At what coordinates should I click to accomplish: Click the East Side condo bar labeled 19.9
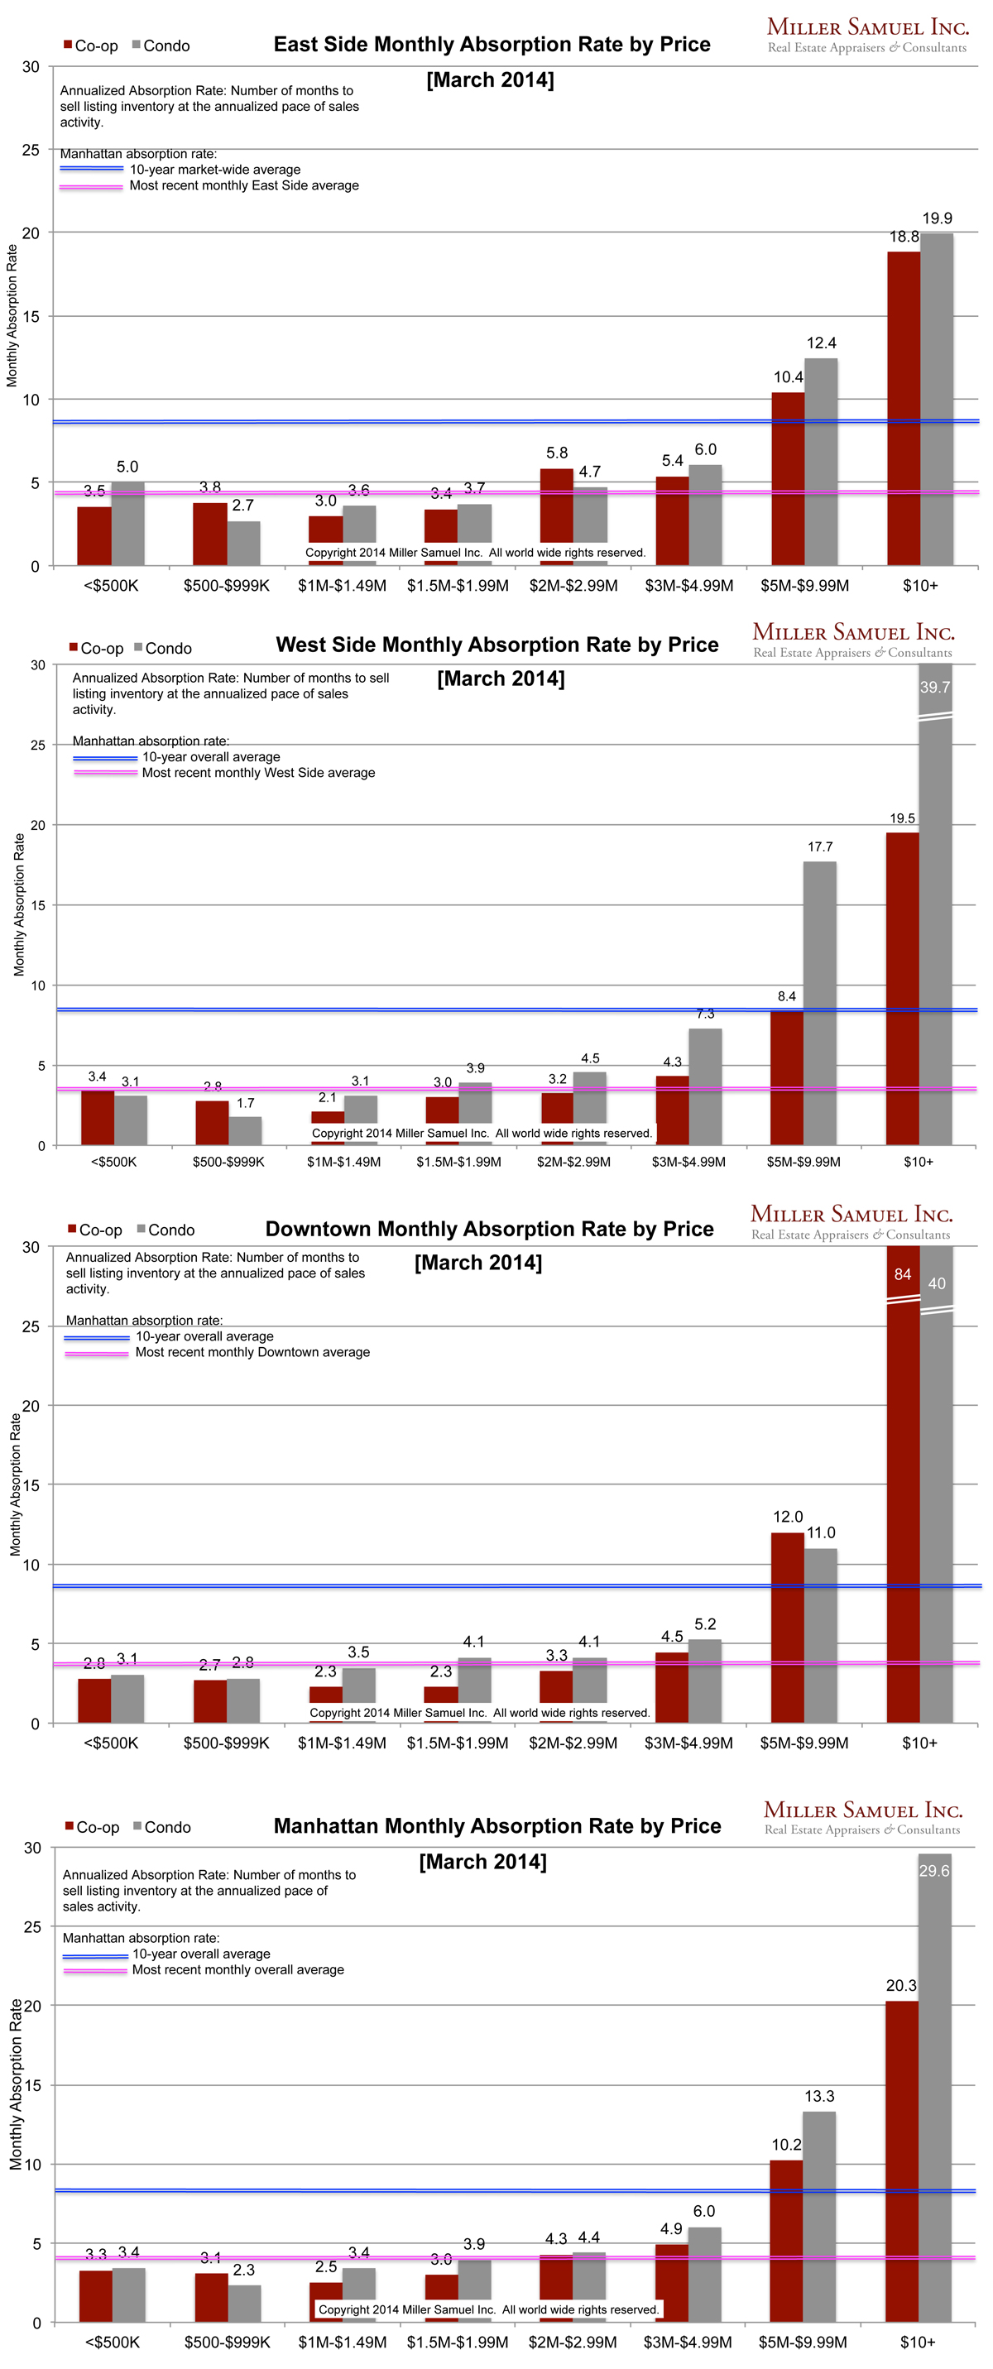click(x=936, y=399)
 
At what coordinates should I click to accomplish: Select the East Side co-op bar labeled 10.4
click(x=788, y=478)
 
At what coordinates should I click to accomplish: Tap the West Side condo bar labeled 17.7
click(x=819, y=1002)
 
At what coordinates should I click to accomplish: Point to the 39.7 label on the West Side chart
click(x=934, y=687)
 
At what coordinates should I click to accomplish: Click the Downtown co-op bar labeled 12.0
click(x=787, y=1627)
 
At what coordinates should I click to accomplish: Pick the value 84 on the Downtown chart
click(x=902, y=1273)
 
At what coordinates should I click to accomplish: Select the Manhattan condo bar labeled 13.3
click(x=818, y=2217)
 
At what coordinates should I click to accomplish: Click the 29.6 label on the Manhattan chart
click(x=933, y=1871)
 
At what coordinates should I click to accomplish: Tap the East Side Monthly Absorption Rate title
click(x=492, y=44)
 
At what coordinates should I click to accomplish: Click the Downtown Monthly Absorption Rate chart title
click(x=489, y=1229)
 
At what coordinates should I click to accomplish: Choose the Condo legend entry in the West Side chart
click(x=164, y=649)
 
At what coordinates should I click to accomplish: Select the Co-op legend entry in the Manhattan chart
click(x=92, y=1827)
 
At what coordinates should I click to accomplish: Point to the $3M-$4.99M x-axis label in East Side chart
click(x=688, y=586)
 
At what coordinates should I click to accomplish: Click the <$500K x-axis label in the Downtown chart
click(x=110, y=1743)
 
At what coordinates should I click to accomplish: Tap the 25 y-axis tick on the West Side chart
click(x=36, y=745)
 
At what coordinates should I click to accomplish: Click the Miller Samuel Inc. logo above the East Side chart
click(x=867, y=35)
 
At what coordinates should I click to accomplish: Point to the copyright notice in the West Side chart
click(x=482, y=1133)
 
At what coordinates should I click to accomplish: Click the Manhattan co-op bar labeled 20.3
click(x=901, y=2161)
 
